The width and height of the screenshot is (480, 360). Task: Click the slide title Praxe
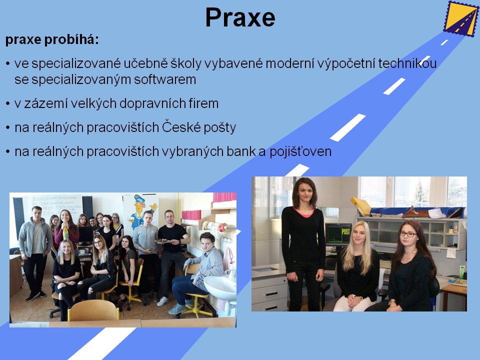click(240, 17)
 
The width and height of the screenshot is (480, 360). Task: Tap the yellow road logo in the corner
click(460, 18)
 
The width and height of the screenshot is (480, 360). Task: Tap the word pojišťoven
click(300, 151)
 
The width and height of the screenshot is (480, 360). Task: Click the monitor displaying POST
click(338, 234)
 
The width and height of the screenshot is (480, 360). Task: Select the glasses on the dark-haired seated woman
click(408, 234)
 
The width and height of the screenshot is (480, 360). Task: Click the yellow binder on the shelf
click(361, 206)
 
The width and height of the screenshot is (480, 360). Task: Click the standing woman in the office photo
click(303, 244)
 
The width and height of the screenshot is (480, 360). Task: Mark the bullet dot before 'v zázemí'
click(8, 104)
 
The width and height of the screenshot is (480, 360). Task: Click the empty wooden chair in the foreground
click(93, 310)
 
